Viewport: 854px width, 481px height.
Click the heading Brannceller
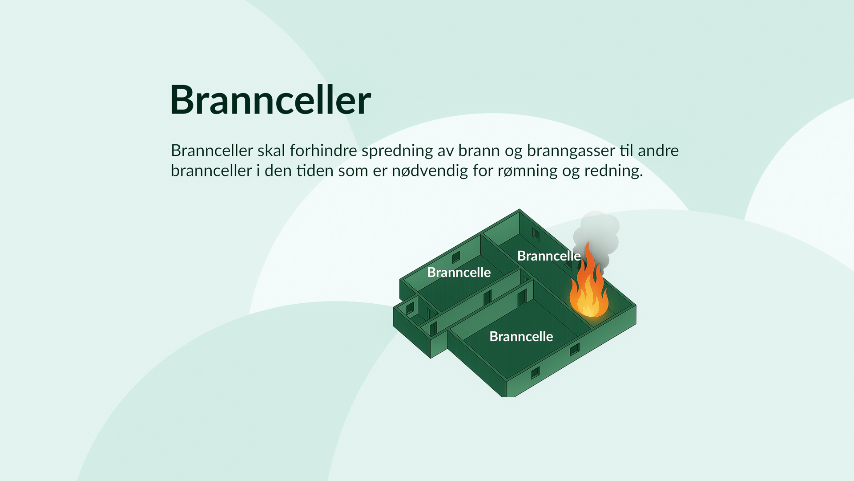click(x=270, y=100)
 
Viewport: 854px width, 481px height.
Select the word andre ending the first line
click(x=658, y=151)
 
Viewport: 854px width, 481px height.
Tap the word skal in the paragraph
click(x=271, y=151)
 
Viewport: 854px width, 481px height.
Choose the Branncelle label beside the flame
click(x=549, y=256)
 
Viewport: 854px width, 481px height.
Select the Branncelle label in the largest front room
click(x=521, y=336)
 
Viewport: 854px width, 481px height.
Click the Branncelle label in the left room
click(x=459, y=272)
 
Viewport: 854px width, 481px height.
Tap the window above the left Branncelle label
click(x=456, y=257)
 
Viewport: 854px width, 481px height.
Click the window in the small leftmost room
click(x=410, y=308)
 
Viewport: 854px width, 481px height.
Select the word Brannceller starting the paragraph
click(x=212, y=151)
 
